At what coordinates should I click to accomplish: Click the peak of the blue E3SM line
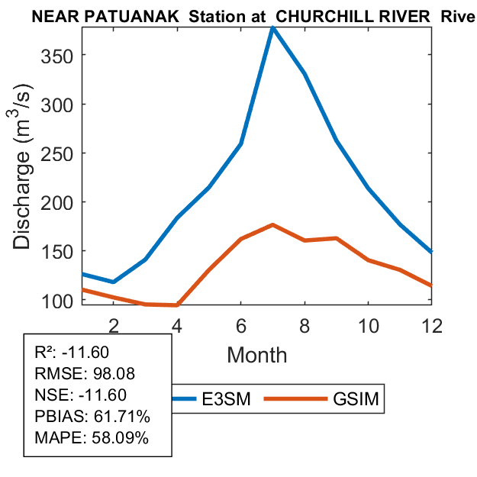click(x=272, y=28)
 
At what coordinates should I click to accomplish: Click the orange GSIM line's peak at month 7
click(x=272, y=225)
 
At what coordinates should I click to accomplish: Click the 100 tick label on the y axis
click(x=60, y=300)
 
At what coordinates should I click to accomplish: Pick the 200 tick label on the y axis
click(x=60, y=202)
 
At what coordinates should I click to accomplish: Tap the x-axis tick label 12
click(x=432, y=324)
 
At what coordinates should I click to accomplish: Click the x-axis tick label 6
click(x=240, y=324)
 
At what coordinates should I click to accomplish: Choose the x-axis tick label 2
click(x=113, y=324)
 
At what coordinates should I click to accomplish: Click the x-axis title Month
click(x=256, y=355)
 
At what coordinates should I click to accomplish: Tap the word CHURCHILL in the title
click(x=321, y=15)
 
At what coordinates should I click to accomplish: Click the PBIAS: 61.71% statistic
click(x=92, y=417)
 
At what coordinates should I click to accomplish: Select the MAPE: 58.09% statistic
click(x=92, y=438)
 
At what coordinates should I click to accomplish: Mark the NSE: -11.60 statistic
click(x=81, y=395)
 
